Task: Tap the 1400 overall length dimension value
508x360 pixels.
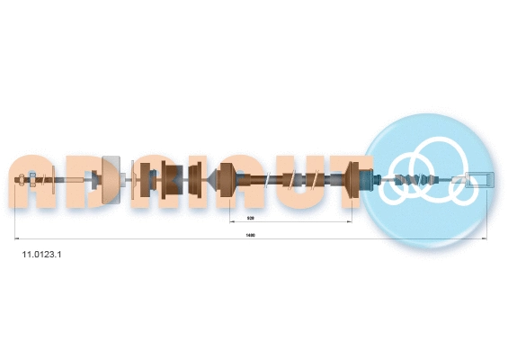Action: tap(251, 236)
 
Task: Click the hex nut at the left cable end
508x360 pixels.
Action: tap(33, 182)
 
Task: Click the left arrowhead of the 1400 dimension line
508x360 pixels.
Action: tap(16, 238)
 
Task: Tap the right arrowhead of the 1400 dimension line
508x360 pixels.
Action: tap(486, 238)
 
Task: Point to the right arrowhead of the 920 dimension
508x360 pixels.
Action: tap(349, 220)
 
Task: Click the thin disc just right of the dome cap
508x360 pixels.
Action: tap(133, 182)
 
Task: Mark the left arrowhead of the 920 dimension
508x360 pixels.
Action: tap(232, 220)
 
